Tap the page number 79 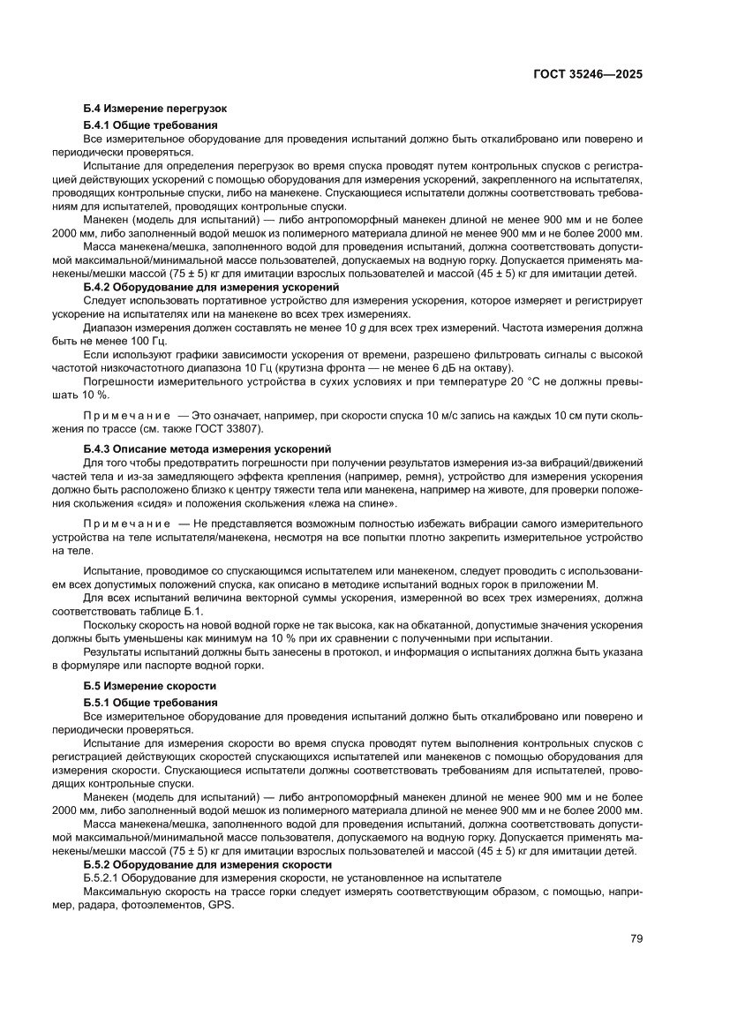point(636,938)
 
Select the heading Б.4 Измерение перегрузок point(154,109)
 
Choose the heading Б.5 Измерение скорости point(149,685)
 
